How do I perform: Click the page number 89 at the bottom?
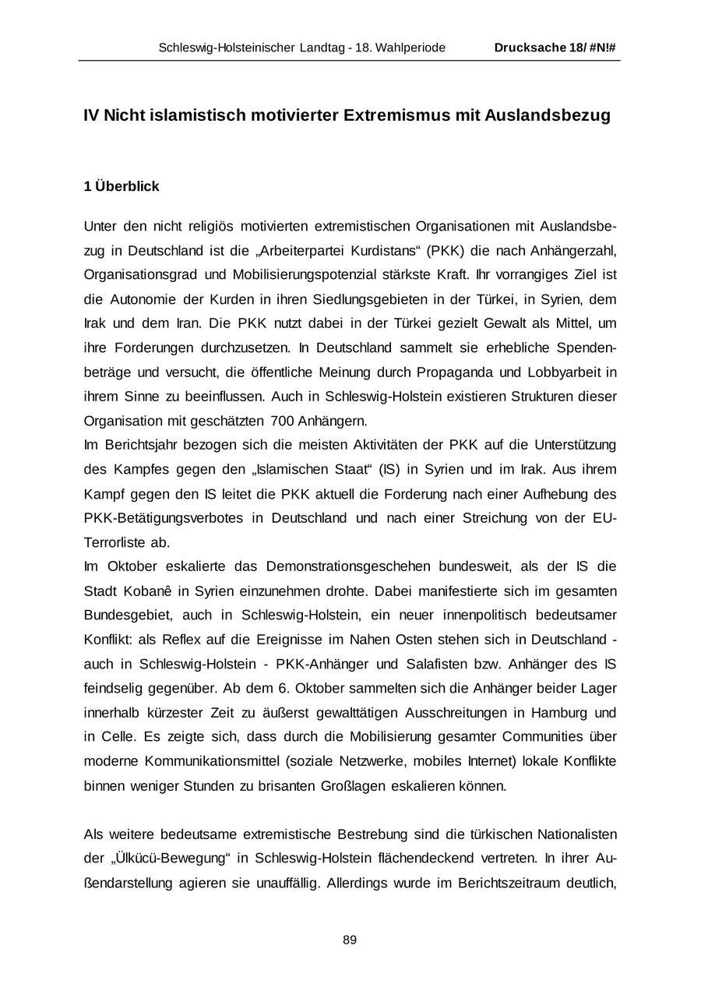[350, 940]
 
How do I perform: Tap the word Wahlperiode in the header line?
[411, 48]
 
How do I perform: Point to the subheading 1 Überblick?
[122, 186]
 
